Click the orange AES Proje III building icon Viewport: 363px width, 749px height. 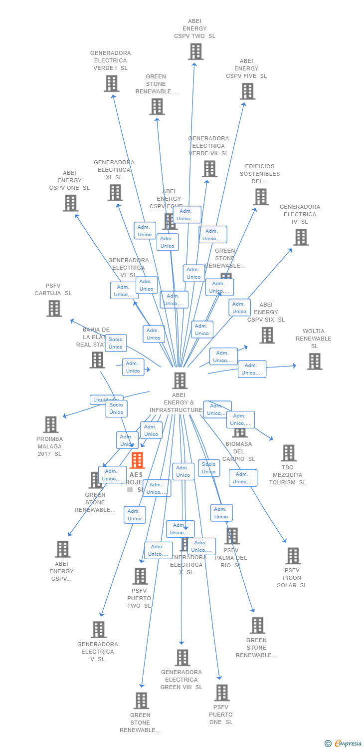137,460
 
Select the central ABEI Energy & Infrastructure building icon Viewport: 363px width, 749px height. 180,380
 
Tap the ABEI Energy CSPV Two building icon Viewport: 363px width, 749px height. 195,51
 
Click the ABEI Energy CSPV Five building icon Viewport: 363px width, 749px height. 247,91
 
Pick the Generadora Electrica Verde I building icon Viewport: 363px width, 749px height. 111,83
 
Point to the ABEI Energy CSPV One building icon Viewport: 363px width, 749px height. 70,203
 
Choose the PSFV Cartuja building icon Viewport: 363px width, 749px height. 54,308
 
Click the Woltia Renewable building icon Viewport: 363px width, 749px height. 314,361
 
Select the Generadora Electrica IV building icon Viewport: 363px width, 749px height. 301,237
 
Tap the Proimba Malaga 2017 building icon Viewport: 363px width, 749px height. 50,424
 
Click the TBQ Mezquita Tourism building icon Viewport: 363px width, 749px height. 288,453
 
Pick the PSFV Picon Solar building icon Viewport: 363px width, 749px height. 293,556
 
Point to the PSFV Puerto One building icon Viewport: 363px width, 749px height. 221,693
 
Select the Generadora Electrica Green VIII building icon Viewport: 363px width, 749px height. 182,658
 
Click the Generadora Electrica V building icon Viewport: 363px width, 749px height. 99,630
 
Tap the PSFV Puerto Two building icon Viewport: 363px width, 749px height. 140,576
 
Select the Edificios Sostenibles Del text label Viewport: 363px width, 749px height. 260,174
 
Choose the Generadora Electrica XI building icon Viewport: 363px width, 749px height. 115,192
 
